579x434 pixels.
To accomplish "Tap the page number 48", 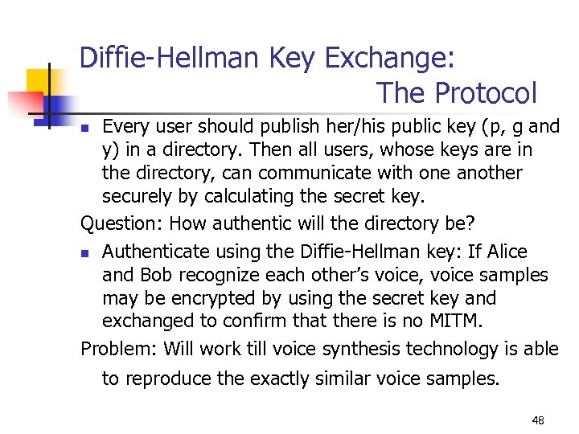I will pos(538,420).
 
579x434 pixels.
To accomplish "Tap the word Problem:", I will pos(119,349).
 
